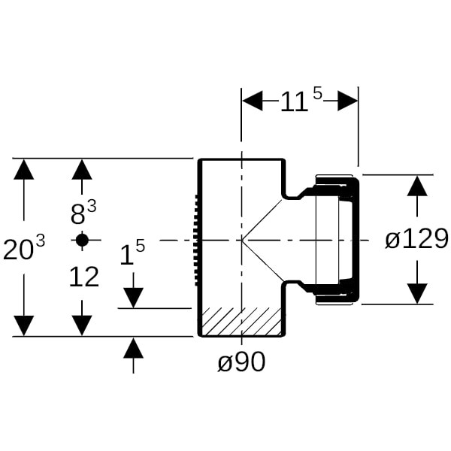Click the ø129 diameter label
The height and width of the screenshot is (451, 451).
(416, 239)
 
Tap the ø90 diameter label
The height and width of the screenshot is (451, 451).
(241, 362)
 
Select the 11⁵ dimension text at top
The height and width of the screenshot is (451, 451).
(300, 101)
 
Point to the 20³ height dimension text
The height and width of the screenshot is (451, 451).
(24, 249)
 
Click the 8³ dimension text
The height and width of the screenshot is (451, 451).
(83, 213)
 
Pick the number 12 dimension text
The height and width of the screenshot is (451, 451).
(83, 278)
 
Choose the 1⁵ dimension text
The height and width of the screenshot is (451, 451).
(132, 254)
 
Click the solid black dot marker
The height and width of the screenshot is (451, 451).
(82, 240)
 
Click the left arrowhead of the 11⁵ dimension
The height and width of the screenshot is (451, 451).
(252, 101)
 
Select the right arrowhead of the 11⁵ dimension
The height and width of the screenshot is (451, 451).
(347, 101)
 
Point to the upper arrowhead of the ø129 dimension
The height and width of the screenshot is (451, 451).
(417, 185)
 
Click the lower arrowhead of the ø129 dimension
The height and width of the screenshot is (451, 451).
(417, 294)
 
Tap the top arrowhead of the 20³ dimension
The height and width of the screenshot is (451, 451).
(24, 169)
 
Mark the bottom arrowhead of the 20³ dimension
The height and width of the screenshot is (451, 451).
(24, 325)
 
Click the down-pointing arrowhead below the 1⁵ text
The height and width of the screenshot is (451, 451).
(133, 298)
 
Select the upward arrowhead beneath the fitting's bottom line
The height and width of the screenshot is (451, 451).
(133, 347)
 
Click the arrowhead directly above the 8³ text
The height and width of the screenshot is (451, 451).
(82, 169)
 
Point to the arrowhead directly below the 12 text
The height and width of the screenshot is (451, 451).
(82, 325)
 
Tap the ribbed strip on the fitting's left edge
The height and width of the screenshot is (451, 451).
(197, 240)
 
